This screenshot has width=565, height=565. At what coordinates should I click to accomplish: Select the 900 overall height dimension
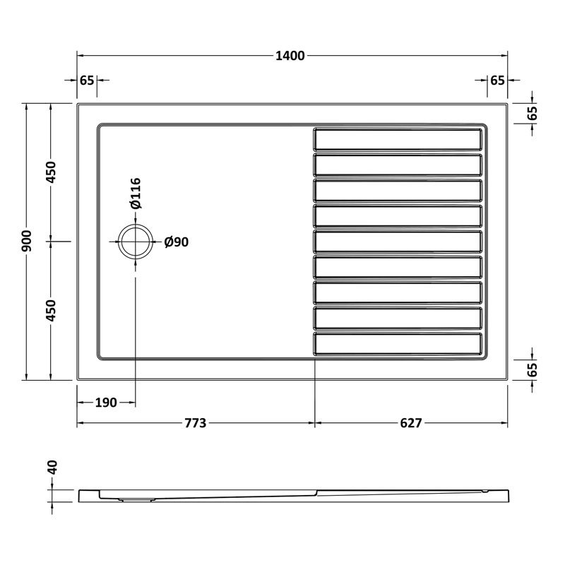point(27,242)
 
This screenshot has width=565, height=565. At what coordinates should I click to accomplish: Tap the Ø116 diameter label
point(135,194)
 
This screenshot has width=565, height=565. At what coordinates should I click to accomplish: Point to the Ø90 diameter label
point(176,242)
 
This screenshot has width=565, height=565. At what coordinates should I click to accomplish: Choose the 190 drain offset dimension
point(105,403)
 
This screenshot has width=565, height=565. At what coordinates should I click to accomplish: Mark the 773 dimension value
point(195,423)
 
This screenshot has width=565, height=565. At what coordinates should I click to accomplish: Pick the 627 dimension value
point(410,423)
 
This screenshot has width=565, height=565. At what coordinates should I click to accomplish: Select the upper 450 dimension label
point(52,172)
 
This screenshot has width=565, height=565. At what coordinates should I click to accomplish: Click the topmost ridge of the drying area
point(399,139)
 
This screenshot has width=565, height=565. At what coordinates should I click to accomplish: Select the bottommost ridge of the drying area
point(399,345)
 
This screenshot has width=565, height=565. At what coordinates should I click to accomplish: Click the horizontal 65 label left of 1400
point(87,80)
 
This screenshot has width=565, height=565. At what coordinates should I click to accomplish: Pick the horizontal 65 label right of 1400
point(497,80)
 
